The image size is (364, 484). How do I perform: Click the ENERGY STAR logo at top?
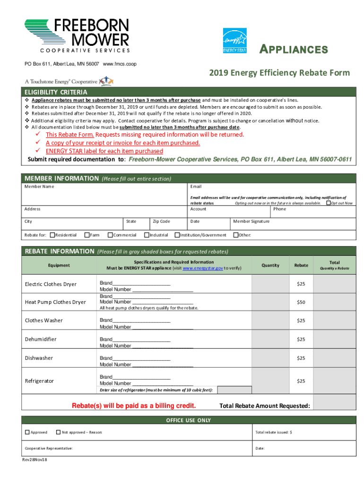(x=234, y=40)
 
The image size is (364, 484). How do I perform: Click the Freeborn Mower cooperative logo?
(x=77, y=35)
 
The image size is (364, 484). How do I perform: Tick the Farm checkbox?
(x=87, y=235)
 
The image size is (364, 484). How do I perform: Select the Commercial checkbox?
(x=110, y=235)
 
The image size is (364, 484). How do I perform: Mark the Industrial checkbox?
(x=146, y=235)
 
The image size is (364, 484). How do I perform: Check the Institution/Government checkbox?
(x=177, y=235)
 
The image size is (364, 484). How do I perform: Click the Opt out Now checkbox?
(x=329, y=203)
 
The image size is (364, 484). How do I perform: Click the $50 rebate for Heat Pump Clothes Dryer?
(x=301, y=302)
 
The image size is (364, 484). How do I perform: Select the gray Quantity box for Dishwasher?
(x=270, y=358)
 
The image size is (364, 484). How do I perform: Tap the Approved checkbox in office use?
(x=27, y=432)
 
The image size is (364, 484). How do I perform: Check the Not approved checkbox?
(x=58, y=432)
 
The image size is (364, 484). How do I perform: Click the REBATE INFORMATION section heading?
(x=59, y=251)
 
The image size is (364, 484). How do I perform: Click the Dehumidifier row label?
(x=41, y=339)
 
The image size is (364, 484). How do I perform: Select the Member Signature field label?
(x=251, y=221)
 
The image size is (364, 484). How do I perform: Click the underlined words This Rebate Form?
(x=69, y=135)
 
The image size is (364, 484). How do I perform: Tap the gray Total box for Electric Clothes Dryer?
(x=336, y=284)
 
